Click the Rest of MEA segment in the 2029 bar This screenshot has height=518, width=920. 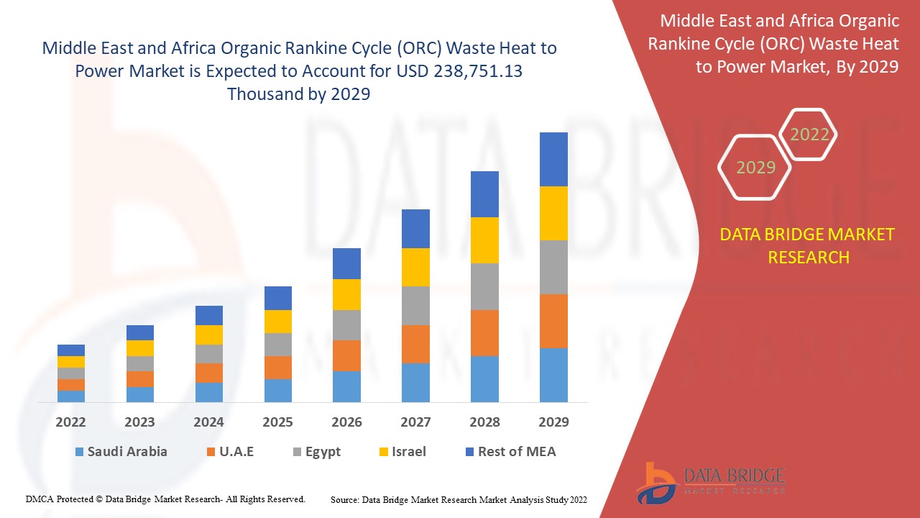pyautogui.click(x=553, y=159)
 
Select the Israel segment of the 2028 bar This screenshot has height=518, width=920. pyautogui.click(x=484, y=240)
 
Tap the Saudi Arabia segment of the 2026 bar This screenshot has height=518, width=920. pyautogui.click(x=346, y=386)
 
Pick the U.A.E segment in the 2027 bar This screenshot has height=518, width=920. pyautogui.click(x=415, y=344)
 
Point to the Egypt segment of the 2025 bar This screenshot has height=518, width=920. pyautogui.click(x=278, y=345)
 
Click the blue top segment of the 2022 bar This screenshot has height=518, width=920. pyautogui.click(x=71, y=350)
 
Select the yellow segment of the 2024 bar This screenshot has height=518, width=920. pyautogui.click(x=209, y=335)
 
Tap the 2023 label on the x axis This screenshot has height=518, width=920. pyautogui.click(x=140, y=422)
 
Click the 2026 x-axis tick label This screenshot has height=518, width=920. pyautogui.click(x=346, y=422)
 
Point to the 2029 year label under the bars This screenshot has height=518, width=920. pyautogui.click(x=553, y=422)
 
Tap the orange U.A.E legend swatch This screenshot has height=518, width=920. pyautogui.click(x=211, y=453)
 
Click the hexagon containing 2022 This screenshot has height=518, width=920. pyautogui.click(x=809, y=135)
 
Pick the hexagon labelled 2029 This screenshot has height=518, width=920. pyautogui.click(x=755, y=168)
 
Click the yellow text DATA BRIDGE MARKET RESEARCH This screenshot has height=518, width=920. pyautogui.click(x=809, y=245)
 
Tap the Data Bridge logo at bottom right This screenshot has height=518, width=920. pyautogui.click(x=709, y=481)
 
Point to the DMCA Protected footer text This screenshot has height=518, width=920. pyautogui.click(x=165, y=499)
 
